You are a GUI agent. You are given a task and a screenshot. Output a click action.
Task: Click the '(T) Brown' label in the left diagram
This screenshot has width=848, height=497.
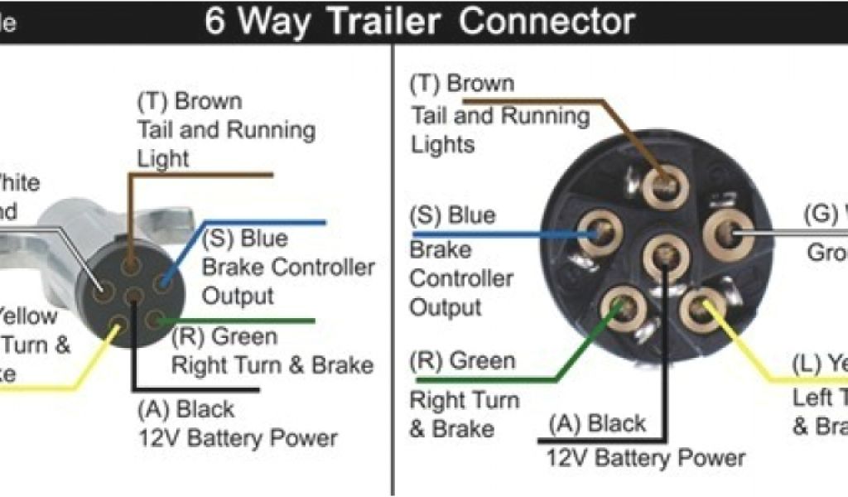[190, 102]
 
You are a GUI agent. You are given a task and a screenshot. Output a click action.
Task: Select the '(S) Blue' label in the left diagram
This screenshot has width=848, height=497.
[245, 239]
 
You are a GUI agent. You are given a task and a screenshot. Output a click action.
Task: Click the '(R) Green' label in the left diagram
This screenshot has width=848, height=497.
[224, 336]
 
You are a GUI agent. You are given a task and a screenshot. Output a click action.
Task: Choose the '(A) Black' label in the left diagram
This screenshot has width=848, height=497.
[186, 409]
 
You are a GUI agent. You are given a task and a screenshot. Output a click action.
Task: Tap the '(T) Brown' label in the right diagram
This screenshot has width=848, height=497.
[462, 84]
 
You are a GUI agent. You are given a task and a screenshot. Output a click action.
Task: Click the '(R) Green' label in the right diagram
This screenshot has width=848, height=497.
[462, 361]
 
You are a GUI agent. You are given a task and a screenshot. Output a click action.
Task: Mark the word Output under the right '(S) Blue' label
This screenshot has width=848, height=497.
[446, 307]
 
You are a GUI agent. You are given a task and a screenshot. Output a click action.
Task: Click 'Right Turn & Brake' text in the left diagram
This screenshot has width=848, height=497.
[272, 364]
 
